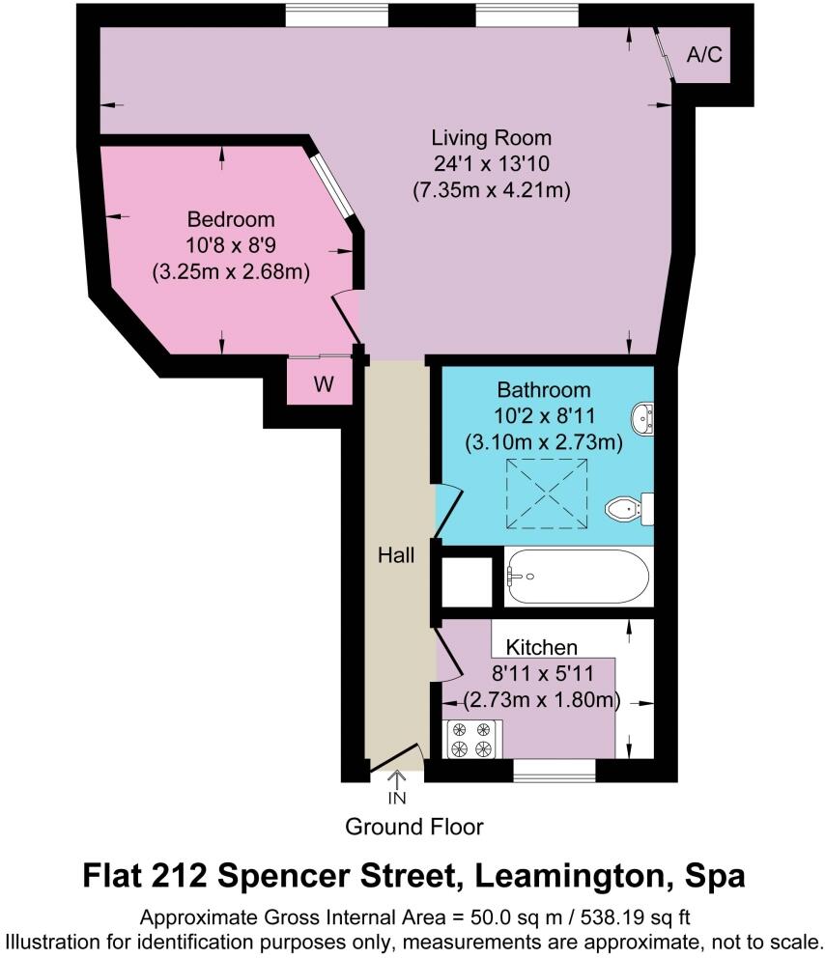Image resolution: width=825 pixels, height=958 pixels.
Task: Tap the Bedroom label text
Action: click(x=231, y=219)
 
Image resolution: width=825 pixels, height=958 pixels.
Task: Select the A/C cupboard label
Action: click(x=703, y=55)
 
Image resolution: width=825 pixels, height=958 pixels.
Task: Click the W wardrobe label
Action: click(x=324, y=385)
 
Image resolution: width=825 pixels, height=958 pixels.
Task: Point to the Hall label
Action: click(x=396, y=556)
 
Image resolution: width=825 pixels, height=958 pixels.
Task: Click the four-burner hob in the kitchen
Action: click(x=472, y=739)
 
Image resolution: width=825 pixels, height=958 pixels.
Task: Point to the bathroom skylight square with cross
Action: click(x=547, y=493)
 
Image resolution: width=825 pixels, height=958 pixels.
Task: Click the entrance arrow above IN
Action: click(x=397, y=778)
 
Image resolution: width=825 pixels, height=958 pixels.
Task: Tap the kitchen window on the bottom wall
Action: click(x=554, y=769)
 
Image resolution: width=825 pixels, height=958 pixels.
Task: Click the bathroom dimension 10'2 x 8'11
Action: click(x=544, y=417)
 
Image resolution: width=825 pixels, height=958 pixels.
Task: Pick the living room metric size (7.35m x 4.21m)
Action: click(x=491, y=190)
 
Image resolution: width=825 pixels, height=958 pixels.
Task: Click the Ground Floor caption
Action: click(x=413, y=827)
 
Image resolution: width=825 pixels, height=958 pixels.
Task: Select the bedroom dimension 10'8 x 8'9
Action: click(x=231, y=245)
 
